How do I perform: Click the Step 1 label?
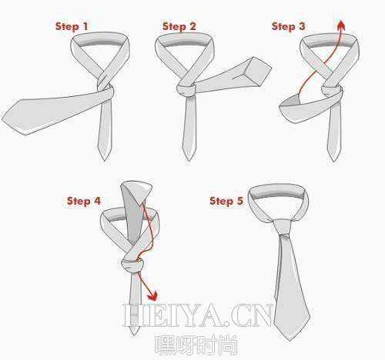[x=72, y=26]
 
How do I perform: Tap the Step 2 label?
[x=179, y=26]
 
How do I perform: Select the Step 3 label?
[x=289, y=26]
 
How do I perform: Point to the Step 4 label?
[x=84, y=201]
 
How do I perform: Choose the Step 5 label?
[x=226, y=201]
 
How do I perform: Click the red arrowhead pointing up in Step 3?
[x=341, y=25]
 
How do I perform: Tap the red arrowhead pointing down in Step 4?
[x=153, y=295]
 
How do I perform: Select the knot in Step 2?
[x=186, y=90]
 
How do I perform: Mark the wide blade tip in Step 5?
[x=290, y=338]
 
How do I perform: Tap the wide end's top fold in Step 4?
[x=137, y=190]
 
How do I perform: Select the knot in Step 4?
[x=132, y=265]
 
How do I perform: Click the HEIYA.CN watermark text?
[x=197, y=315]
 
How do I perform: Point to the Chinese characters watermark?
[x=196, y=345]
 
